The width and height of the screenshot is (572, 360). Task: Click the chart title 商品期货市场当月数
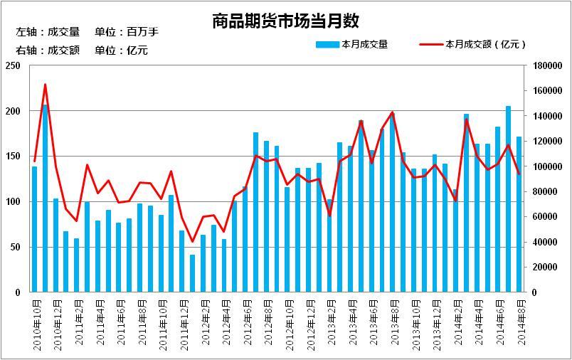pos(285,21)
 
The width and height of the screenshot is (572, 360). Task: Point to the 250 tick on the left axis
pos(14,66)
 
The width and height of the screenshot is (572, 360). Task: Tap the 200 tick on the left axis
pos(14,112)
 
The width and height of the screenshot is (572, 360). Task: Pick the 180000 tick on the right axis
pos(547,66)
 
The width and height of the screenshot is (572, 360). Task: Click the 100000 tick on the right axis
pos(547,166)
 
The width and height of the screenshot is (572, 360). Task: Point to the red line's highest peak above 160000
pos(46,85)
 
